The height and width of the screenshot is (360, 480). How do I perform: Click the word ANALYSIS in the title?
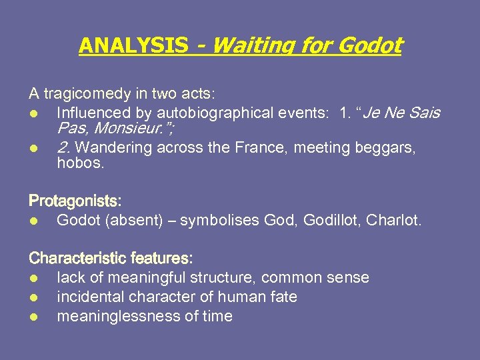133,46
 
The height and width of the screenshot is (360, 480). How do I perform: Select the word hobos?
81,163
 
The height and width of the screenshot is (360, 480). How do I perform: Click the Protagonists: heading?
75,201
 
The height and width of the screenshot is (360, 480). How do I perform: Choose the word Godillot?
331,219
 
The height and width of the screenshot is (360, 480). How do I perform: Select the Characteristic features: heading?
111,258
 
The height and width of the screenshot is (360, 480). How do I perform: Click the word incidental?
90,297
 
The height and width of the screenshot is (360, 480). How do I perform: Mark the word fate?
283,297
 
